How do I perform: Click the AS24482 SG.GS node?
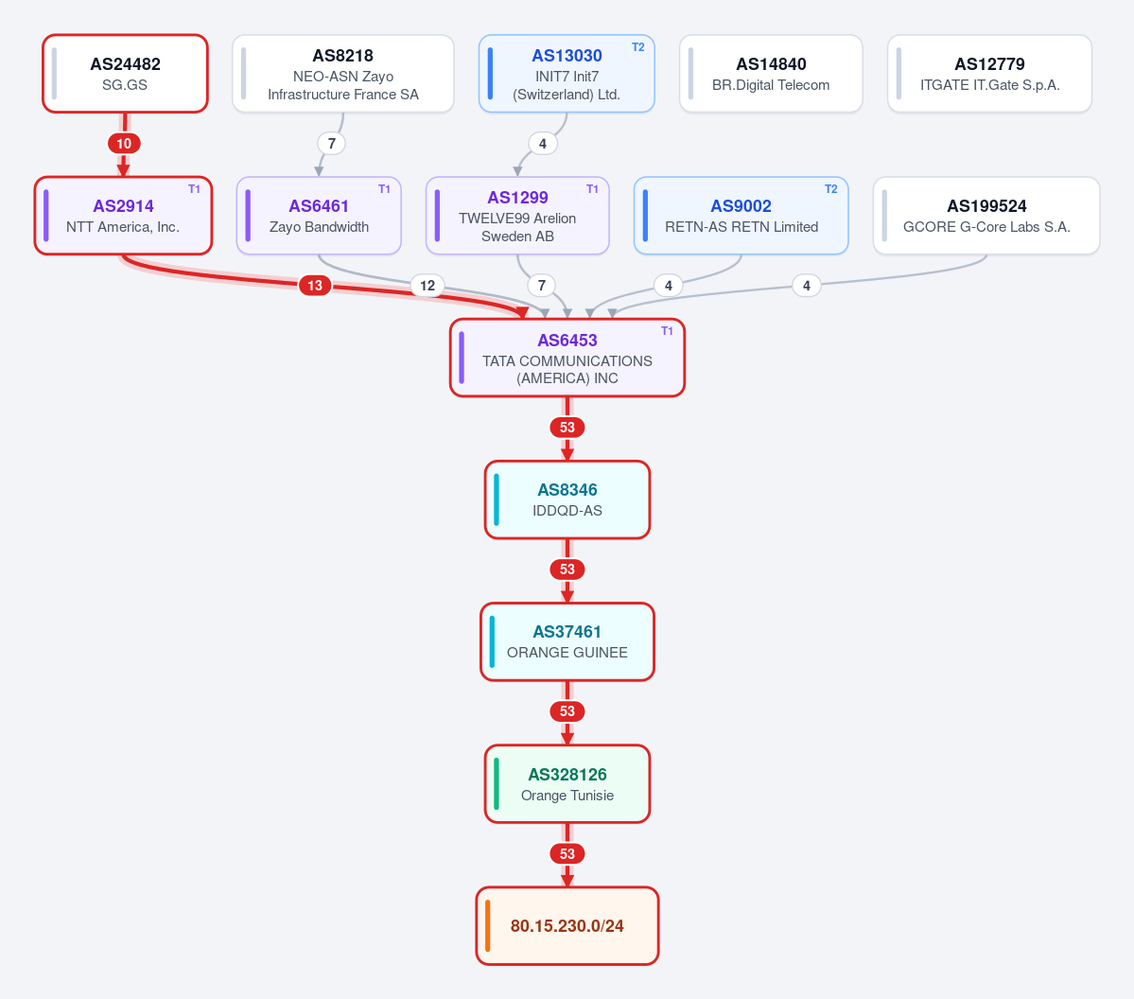[125, 74]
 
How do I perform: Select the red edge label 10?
[125, 143]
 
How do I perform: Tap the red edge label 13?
[315, 286]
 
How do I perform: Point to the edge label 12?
[427, 286]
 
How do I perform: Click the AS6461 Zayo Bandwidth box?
[319, 216]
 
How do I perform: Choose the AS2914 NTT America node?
[124, 216]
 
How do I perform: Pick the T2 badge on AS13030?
[637, 47]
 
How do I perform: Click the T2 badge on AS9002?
[831, 189]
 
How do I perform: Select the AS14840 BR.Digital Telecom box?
[771, 74]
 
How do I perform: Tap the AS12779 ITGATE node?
[989, 74]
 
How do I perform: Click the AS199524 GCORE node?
[986, 216]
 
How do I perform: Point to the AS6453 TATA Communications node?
[567, 359]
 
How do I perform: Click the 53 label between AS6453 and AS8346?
[567, 428]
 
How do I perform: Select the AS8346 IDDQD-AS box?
[567, 499]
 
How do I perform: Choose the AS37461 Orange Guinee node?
[567, 641]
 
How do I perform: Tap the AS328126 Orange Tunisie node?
[567, 784]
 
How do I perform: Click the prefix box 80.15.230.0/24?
[567, 926]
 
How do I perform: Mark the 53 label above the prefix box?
[567, 853]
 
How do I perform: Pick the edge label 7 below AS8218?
[331, 143]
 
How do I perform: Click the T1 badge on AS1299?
[592, 189]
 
